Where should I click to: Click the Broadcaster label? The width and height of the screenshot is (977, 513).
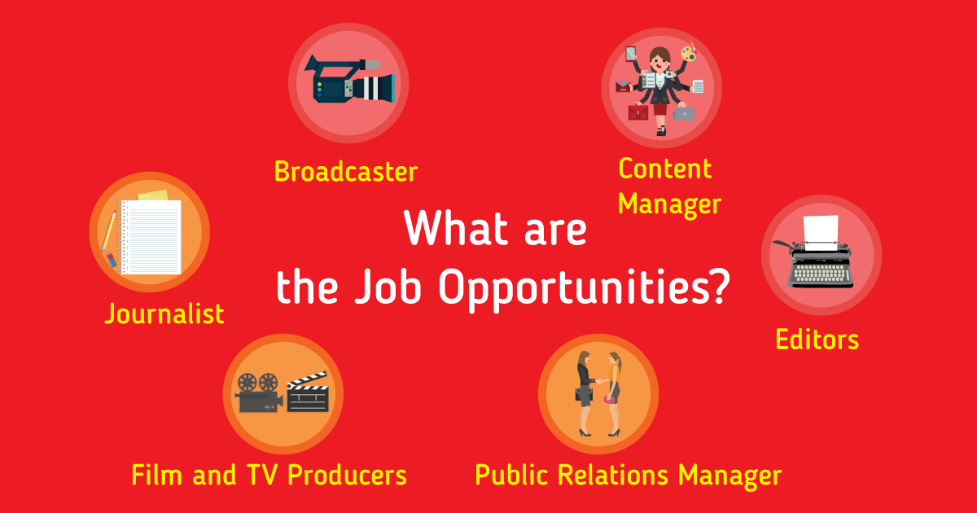(x=345, y=172)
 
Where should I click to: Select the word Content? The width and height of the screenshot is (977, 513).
(x=664, y=169)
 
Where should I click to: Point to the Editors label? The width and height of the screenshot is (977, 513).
(x=817, y=339)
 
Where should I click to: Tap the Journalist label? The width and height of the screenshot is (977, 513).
(x=164, y=313)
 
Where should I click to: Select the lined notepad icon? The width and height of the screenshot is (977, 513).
(x=151, y=236)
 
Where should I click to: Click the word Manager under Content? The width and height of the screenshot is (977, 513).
(x=669, y=204)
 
